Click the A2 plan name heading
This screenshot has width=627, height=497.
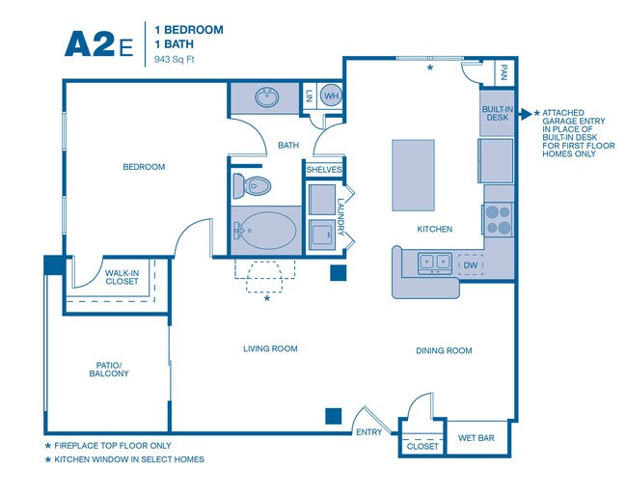(x=89, y=43)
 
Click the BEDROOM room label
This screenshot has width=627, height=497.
(x=144, y=167)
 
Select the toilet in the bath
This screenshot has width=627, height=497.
(x=256, y=185)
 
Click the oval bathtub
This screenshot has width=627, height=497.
(x=265, y=231)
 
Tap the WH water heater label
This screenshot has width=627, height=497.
(x=330, y=97)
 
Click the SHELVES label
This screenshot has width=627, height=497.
(x=324, y=170)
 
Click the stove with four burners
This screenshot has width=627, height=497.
(x=498, y=220)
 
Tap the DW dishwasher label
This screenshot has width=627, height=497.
(x=471, y=264)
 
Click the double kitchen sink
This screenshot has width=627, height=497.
(x=434, y=262)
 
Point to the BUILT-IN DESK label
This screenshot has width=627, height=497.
(x=496, y=113)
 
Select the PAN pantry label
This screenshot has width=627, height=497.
(x=504, y=72)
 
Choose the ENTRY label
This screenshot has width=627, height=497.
(x=369, y=432)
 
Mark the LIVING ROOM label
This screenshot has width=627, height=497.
(x=270, y=349)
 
